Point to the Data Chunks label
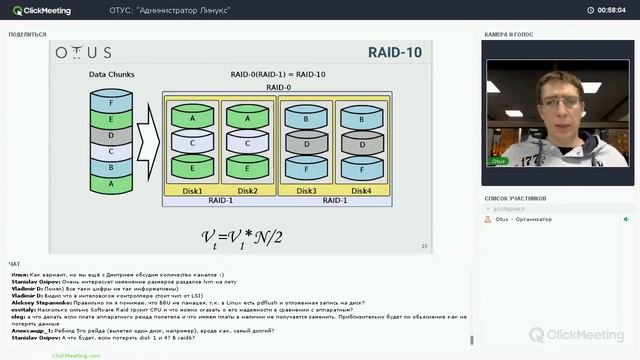111,74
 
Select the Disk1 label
192,191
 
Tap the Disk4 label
361,191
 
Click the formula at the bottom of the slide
242,237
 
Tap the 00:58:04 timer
611,10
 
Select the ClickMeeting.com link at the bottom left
76,354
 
